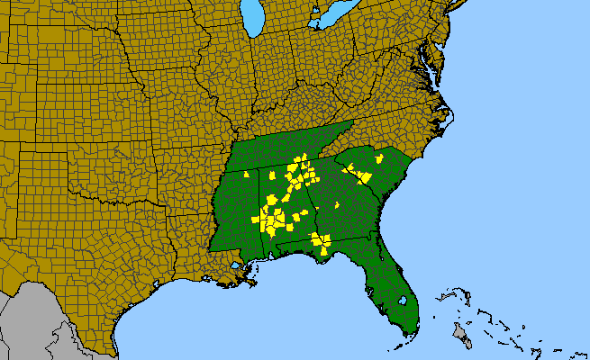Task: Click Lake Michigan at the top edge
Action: pyautogui.click(x=254, y=16)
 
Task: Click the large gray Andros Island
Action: pyautogui.click(x=460, y=334)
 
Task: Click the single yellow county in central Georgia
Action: pyautogui.click(x=337, y=205)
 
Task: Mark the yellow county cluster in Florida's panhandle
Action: pyautogui.click(x=320, y=242)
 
